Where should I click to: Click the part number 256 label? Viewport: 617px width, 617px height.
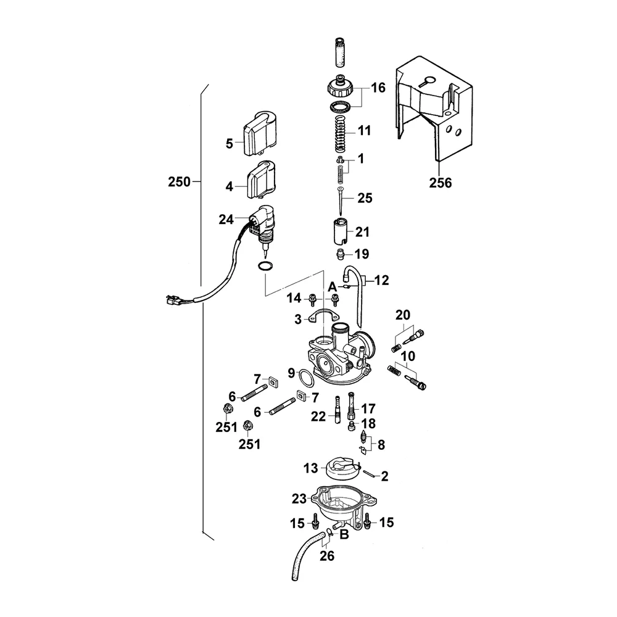click(x=441, y=183)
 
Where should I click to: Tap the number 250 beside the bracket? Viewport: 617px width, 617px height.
click(x=180, y=182)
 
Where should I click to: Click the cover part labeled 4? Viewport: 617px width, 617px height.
click(x=262, y=179)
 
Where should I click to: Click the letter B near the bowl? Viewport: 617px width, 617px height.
click(x=345, y=534)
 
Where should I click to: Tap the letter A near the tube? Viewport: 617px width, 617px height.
click(x=332, y=287)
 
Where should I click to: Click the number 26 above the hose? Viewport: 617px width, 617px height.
click(x=327, y=557)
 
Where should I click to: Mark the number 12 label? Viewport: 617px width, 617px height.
click(x=382, y=281)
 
